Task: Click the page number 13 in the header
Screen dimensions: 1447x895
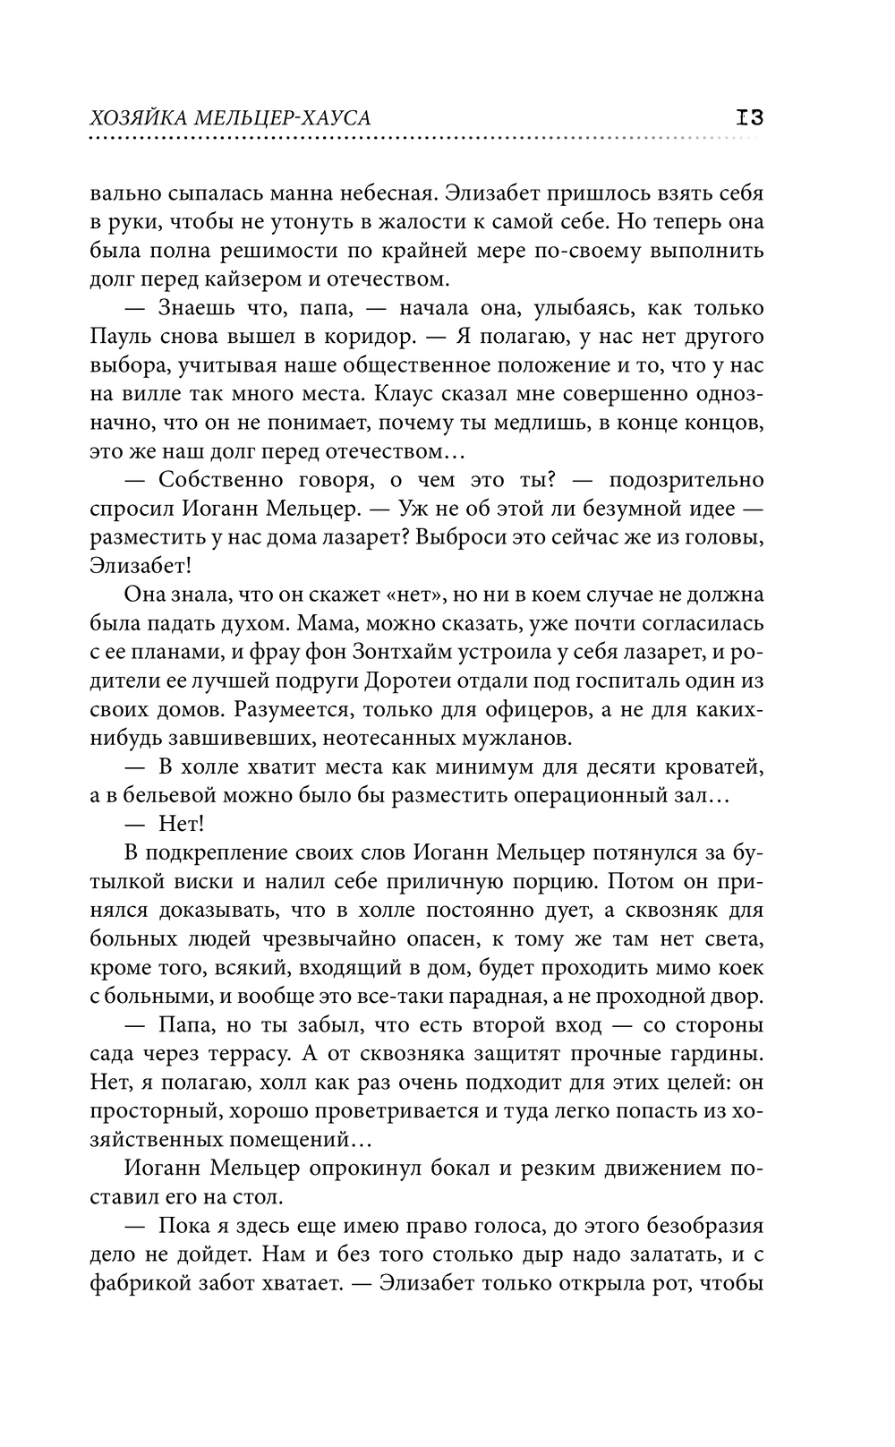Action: (x=749, y=117)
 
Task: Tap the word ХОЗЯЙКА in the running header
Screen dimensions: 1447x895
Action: (x=139, y=119)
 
